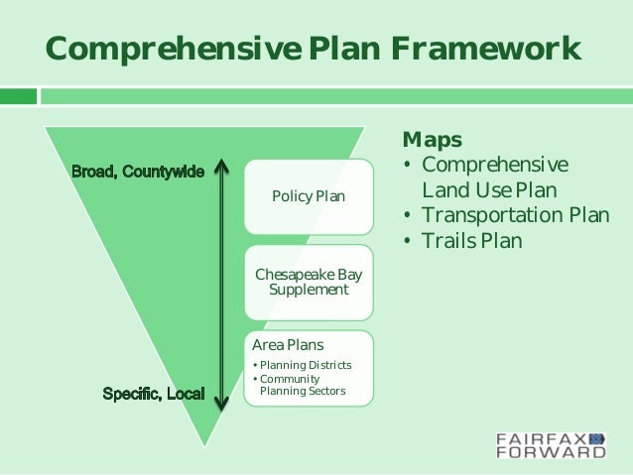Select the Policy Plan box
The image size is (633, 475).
(x=308, y=196)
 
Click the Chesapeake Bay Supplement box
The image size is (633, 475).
(x=308, y=282)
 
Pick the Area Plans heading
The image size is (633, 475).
(x=288, y=345)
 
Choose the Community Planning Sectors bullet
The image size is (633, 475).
(x=302, y=385)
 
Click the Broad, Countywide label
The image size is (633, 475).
(x=138, y=172)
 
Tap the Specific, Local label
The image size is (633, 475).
(x=154, y=395)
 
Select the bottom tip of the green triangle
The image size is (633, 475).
(x=204, y=443)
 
